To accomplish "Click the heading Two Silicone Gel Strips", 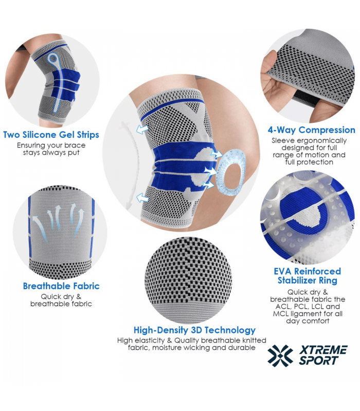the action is click(x=51, y=135).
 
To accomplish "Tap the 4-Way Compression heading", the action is click(x=312, y=130).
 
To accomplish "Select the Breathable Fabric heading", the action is click(x=61, y=286).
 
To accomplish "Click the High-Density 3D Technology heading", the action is click(x=194, y=330).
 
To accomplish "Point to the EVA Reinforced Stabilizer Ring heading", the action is click(x=307, y=276).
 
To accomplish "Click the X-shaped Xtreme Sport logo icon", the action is click(x=280, y=356).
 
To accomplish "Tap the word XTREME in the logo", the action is click(x=323, y=350).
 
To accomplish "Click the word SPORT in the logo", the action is click(x=318, y=361).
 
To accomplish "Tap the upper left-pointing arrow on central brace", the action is click(x=142, y=129).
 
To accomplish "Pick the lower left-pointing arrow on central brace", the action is click(x=142, y=197).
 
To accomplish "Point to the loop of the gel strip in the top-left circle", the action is click(x=53, y=61).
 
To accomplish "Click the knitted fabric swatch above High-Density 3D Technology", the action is click(x=189, y=279).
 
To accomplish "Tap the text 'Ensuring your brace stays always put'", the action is click(x=51, y=149).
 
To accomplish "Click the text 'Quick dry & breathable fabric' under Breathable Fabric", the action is click(x=61, y=301).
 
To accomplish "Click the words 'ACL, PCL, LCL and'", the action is click(x=308, y=306).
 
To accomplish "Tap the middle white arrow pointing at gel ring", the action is click(x=211, y=172).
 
